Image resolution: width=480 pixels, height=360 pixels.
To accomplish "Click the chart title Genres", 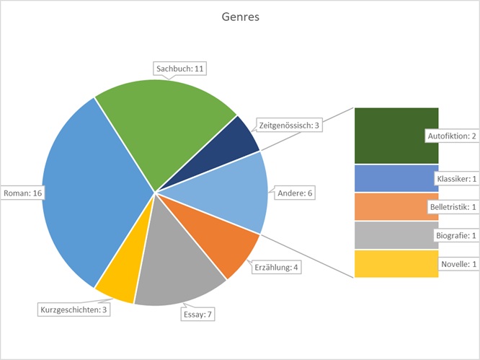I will click(240, 17).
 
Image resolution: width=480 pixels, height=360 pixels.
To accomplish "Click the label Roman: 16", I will click(22, 193).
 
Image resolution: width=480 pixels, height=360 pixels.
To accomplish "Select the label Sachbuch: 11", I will click(181, 69).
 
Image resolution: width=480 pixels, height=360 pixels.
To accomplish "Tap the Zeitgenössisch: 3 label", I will click(288, 125).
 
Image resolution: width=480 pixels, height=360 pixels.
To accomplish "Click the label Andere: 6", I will click(296, 193).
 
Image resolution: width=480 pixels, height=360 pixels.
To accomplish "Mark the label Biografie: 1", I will click(455, 235).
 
